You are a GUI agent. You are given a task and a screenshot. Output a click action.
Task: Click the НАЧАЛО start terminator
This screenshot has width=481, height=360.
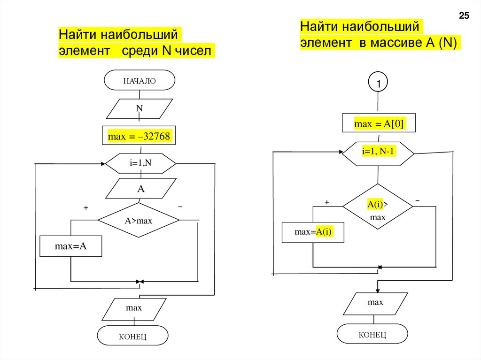click(140, 80)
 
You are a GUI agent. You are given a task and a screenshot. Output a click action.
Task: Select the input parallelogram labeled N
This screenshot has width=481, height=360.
click(140, 109)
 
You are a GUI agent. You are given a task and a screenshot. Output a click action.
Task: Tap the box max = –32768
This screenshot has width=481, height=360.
click(139, 136)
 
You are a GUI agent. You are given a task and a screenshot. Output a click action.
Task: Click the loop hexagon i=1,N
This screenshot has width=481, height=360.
click(140, 163)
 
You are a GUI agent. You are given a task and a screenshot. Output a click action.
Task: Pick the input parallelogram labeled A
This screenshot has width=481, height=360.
click(140, 190)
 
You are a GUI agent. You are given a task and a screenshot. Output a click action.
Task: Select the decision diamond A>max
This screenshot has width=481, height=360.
click(139, 220)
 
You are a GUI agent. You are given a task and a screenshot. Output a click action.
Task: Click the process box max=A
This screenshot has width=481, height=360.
click(70, 246)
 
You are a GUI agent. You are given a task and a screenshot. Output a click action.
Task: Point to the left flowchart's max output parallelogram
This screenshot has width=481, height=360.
click(134, 308)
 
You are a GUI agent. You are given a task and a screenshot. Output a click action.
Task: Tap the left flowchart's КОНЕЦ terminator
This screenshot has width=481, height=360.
click(132, 336)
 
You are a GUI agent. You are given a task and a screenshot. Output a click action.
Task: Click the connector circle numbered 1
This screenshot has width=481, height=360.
click(379, 84)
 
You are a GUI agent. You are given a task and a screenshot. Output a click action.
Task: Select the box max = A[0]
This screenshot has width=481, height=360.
click(379, 124)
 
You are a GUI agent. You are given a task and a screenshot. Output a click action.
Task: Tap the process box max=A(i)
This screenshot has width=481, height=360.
click(313, 232)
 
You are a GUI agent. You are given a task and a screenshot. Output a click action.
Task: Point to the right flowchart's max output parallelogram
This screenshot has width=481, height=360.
click(375, 303)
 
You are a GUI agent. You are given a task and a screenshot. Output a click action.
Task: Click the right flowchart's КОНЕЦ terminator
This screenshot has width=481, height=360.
click(372, 334)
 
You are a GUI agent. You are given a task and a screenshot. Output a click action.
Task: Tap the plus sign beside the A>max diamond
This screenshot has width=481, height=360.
click(86, 207)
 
